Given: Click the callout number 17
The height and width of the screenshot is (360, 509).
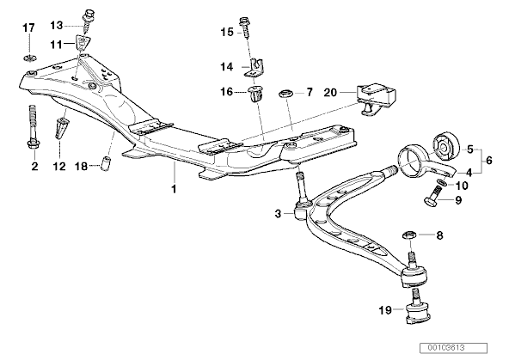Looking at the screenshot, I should point(28,28).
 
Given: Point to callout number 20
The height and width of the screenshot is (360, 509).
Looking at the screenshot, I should point(330,91).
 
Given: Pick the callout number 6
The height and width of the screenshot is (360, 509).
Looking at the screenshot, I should point(488,159).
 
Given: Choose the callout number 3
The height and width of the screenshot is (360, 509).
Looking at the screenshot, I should point(277,212).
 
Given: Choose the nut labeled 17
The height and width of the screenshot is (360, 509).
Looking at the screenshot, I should point(28,58).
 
